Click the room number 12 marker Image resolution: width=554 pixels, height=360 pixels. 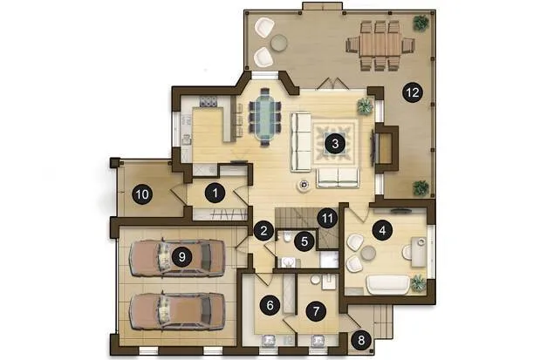click(413, 92)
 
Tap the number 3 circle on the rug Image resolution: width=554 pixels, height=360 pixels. click(335, 144)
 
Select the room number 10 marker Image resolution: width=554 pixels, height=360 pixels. click(142, 194)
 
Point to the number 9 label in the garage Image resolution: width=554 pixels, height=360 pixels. click(181, 256)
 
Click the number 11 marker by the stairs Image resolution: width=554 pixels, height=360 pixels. click(327, 219)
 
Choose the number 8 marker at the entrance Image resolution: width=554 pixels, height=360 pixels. click(360, 341)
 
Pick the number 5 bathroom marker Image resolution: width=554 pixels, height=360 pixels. click(304, 241)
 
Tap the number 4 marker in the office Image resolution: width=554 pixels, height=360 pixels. click(382, 230)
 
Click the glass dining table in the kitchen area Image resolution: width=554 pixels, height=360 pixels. click(265, 118)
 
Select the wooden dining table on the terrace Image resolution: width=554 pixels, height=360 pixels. click(380, 44)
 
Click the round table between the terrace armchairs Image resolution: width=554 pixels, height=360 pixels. click(278, 43)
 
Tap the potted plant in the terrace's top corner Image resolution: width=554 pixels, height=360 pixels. click(421, 24)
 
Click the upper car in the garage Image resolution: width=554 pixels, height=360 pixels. click(177, 257)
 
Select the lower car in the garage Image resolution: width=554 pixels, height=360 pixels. click(177, 311)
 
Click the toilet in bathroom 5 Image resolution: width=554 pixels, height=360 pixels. click(286, 237)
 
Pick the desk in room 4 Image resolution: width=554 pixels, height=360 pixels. click(419, 252)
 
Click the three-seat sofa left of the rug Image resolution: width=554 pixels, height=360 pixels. click(300, 142)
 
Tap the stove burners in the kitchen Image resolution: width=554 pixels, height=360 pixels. click(209, 102)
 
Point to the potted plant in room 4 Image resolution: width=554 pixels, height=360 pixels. click(418, 283)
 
